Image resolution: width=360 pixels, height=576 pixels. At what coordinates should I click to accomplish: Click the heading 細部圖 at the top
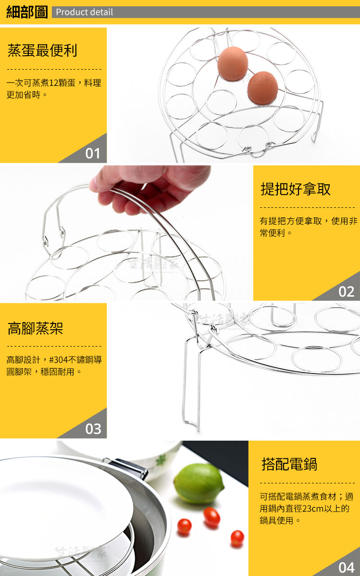click(27, 12)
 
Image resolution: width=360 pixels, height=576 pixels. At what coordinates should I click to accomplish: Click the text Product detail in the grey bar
click(84, 12)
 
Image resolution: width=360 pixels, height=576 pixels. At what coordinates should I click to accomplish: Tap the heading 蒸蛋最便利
click(42, 50)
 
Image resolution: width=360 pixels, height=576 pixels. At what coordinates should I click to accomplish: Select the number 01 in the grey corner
click(93, 154)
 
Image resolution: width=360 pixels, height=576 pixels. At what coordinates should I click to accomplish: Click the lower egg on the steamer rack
click(263, 88)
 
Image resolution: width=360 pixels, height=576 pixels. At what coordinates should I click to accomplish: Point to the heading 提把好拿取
click(296, 189)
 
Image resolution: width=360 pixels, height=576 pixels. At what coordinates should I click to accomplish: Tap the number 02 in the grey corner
click(346, 292)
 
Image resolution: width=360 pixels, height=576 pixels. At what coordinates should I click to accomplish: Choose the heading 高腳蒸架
click(36, 328)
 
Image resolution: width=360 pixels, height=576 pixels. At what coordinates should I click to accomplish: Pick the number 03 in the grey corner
click(93, 429)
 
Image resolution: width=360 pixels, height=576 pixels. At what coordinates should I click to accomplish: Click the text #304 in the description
click(59, 360)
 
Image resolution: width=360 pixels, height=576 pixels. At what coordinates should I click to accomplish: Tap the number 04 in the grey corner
click(346, 567)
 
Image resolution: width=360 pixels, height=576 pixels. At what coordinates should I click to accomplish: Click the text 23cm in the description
click(312, 508)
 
